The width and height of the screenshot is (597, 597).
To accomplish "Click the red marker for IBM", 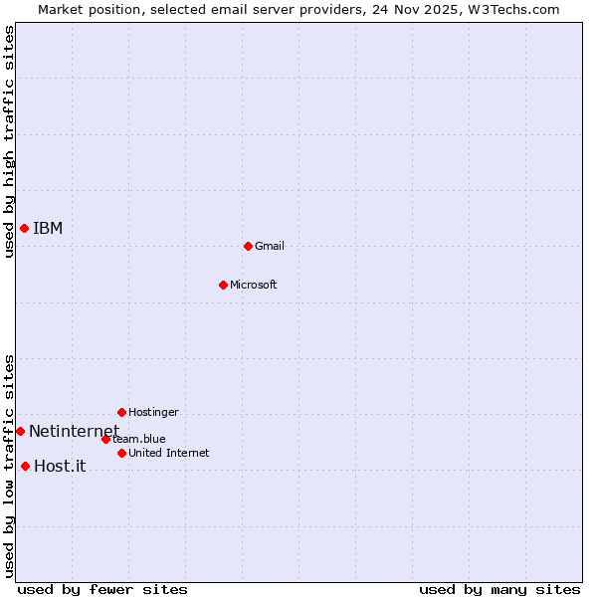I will pyautogui.click(x=24, y=229).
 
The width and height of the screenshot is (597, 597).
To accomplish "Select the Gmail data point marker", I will pyautogui.click(x=248, y=246).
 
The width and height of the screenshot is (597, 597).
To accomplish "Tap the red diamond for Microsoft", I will pyautogui.click(x=223, y=285).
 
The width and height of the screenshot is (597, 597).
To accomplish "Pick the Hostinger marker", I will pyautogui.click(x=121, y=412).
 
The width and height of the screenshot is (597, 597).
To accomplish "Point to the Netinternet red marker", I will pyautogui.click(x=20, y=431).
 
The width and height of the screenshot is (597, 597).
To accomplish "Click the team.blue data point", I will pyautogui.click(x=105, y=439).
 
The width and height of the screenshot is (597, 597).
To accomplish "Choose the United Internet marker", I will pyautogui.click(x=121, y=453).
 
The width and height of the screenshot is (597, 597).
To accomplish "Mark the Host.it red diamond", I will pyautogui.click(x=25, y=466).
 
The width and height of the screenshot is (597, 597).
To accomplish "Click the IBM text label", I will pyautogui.click(x=48, y=229).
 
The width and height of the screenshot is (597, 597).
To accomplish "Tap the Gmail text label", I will pyautogui.click(x=270, y=246).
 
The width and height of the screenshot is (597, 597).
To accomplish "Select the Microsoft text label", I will pyautogui.click(x=254, y=285).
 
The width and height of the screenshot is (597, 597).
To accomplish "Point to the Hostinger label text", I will pyautogui.click(x=153, y=412).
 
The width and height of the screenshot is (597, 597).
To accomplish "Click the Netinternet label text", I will pyautogui.click(x=74, y=431).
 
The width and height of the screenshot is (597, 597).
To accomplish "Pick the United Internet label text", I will pyautogui.click(x=168, y=453).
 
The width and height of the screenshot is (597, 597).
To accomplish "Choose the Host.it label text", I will pyautogui.click(x=60, y=466).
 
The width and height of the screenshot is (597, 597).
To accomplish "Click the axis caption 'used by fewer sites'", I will pyautogui.click(x=102, y=589).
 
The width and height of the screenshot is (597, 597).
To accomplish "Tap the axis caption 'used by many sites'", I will pyautogui.click(x=499, y=589).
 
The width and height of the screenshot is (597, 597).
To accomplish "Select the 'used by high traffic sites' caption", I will pyautogui.click(x=10, y=141).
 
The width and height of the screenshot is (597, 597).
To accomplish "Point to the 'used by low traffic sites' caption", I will pyautogui.click(x=10, y=466).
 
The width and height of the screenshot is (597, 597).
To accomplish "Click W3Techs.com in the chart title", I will pyautogui.click(x=513, y=9).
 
